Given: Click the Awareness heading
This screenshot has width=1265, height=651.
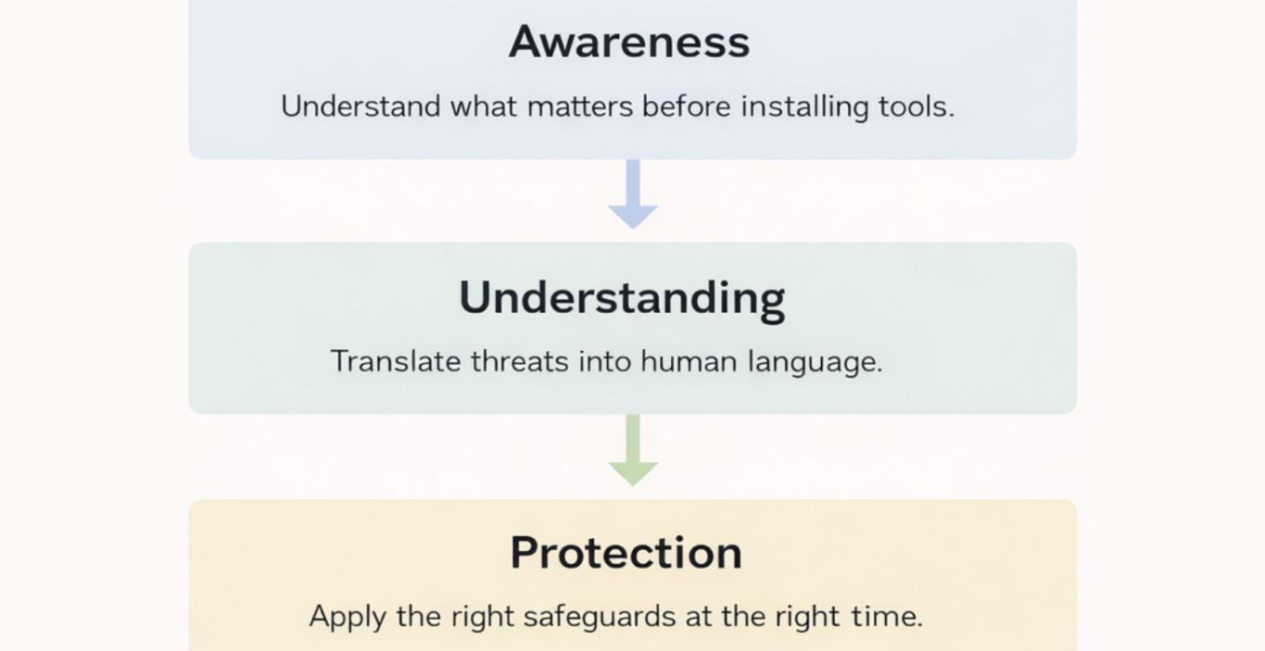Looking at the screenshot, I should tap(628, 42).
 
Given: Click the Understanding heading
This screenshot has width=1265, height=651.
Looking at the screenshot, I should tap(622, 297).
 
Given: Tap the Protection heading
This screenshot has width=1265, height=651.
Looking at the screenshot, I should tap(626, 552).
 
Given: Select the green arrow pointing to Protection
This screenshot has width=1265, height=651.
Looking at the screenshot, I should tap(633, 452).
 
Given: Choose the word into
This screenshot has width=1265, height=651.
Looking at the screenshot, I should tap(605, 361).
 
